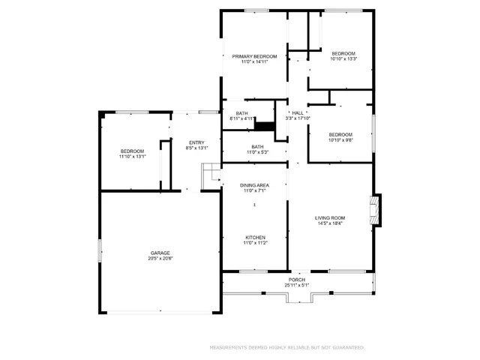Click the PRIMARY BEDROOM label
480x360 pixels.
coord(254,56)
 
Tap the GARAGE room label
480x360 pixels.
coord(159,253)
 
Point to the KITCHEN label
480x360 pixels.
coord(254,238)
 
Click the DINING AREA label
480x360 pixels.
coord(254,185)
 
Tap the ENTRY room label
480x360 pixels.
coord(196,142)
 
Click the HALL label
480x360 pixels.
coord(298,112)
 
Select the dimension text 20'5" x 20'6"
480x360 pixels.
coord(159,259)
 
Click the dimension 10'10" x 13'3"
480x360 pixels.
coord(343,59)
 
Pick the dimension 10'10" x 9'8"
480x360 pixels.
coord(340,140)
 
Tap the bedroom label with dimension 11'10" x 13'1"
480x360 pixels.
coord(132,151)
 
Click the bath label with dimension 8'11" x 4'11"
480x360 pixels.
coord(241,113)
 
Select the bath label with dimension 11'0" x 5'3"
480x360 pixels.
coord(257,147)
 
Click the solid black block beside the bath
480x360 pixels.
coord(265,125)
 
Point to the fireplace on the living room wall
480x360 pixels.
coord(376,209)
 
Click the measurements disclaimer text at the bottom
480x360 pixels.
coord(287,347)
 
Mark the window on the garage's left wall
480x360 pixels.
coord(100,250)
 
